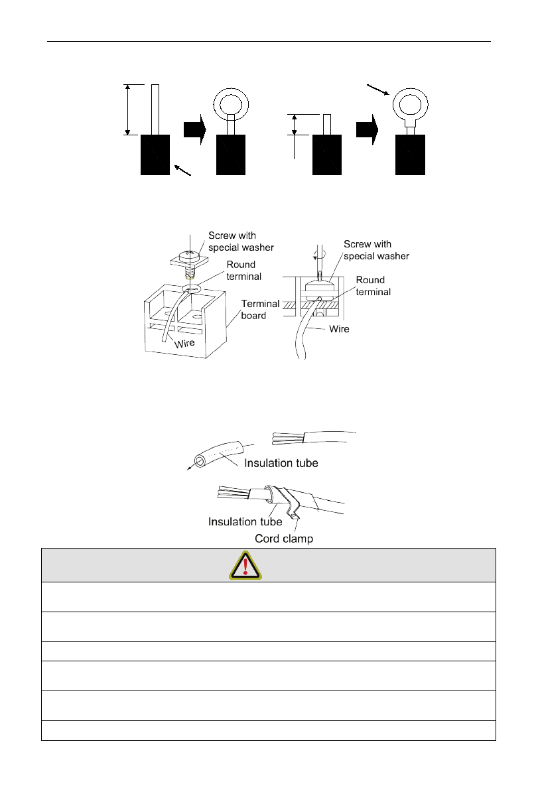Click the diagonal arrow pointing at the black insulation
coord(182,171)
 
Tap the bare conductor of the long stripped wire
coord(155,109)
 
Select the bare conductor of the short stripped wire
coord(326,124)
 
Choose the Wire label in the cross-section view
coord(338,329)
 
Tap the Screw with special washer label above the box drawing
coord(232,241)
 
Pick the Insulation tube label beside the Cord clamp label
coord(245,522)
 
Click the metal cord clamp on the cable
coord(287,502)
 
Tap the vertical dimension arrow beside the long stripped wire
coord(126,110)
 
